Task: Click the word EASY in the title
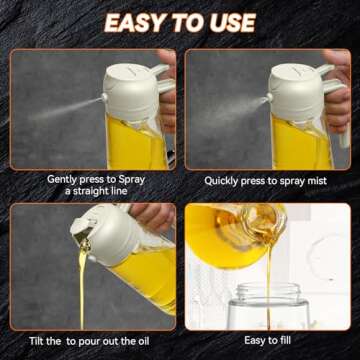click(138, 22)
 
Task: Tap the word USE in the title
click(227, 22)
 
